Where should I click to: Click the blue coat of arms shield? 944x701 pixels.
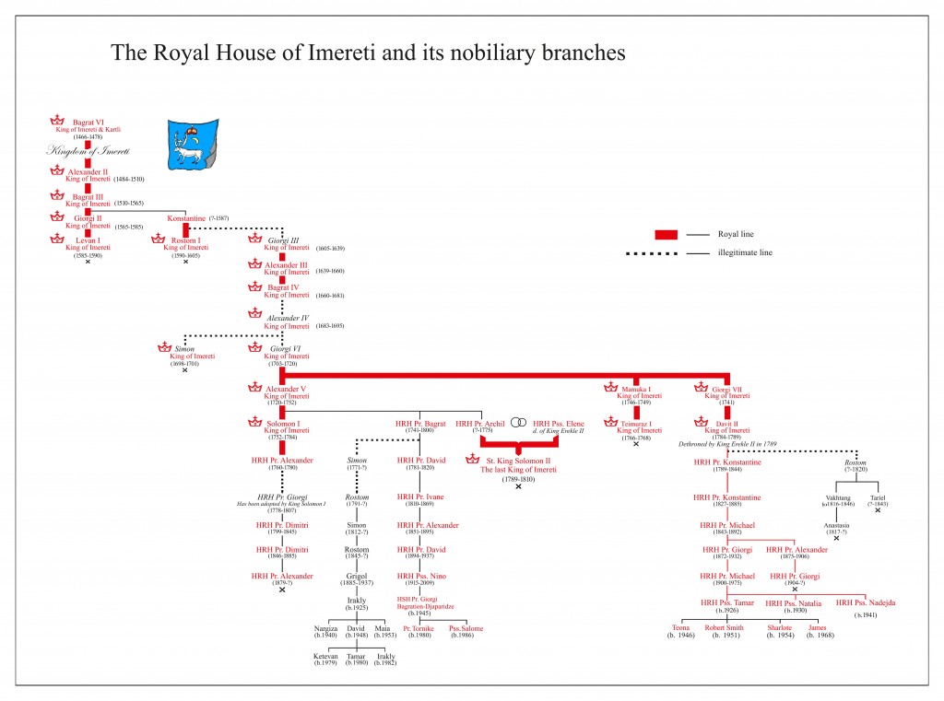coord(193,144)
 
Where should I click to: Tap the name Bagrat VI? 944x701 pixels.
coord(88,122)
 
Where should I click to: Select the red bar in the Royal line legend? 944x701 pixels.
coord(667,235)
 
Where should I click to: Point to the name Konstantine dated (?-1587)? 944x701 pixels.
coord(186,217)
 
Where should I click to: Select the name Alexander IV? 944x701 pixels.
coord(286,318)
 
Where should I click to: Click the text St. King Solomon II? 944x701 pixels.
coord(518,460)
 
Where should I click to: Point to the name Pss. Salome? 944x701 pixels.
coord(466,628)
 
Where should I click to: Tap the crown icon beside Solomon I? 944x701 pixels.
coord(255,423)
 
